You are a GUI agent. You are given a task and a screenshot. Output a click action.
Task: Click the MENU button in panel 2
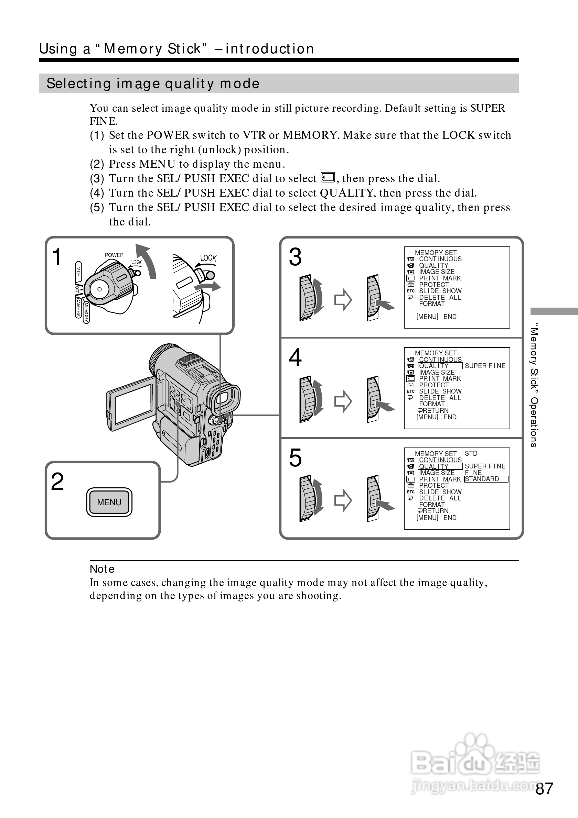pos(109,502)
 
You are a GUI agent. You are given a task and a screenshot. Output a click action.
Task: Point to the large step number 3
pos(295,257)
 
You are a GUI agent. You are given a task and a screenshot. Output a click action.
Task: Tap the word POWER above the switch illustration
pos(114,255)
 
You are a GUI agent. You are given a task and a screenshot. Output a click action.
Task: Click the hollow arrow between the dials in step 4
pos(343,401)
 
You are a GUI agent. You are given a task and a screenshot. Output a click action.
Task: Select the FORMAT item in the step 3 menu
pos(432,304)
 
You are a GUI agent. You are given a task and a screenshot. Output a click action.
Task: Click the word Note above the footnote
pos(102,569)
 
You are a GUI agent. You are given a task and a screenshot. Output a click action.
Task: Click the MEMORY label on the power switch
pos(86,312)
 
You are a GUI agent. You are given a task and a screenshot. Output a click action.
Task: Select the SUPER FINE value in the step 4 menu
pos(485,366)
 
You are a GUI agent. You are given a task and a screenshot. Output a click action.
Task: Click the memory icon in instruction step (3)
pos(328,177)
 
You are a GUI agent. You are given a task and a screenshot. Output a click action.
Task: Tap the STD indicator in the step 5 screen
pos(471,454)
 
